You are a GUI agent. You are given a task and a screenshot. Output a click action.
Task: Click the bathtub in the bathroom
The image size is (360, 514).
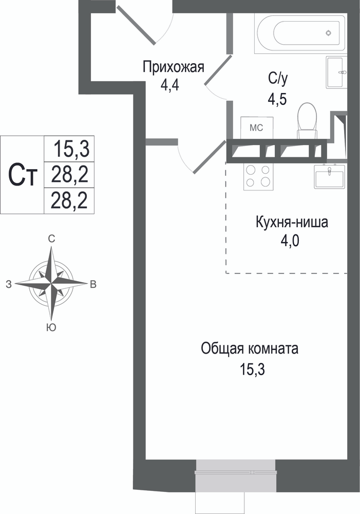300,33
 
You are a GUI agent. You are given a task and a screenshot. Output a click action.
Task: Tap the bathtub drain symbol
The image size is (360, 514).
329,33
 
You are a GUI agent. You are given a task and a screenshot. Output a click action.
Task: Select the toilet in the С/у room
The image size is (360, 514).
307,121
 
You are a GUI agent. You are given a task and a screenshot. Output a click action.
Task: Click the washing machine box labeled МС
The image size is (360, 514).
256,128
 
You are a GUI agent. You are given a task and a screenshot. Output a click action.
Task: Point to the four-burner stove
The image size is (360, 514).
258,176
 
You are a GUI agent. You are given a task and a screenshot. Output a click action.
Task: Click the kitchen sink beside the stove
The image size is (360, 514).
330,176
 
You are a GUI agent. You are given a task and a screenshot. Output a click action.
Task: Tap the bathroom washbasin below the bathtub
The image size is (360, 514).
336,72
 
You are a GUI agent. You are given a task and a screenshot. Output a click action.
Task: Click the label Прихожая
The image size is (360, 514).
173,67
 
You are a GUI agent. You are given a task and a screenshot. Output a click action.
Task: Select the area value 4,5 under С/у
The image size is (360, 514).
277,99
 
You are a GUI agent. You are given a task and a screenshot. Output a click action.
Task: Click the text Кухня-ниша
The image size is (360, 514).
292,222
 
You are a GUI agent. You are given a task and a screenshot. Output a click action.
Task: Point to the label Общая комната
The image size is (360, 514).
250,348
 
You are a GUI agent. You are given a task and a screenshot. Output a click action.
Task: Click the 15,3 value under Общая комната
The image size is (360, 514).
252,370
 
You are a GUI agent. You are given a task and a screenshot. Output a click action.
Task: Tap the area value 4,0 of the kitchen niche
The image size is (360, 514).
290,242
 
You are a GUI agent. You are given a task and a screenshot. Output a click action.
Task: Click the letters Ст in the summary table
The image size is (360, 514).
22,175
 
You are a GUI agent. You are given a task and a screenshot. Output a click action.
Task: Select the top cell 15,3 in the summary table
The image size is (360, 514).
71,149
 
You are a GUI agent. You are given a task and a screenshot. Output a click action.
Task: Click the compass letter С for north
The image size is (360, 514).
51,239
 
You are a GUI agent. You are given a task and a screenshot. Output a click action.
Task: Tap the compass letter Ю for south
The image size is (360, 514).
51,327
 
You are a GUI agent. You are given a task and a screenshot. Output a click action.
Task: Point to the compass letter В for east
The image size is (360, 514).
93,285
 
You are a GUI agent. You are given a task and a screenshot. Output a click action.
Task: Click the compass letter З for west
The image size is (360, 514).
9,285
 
